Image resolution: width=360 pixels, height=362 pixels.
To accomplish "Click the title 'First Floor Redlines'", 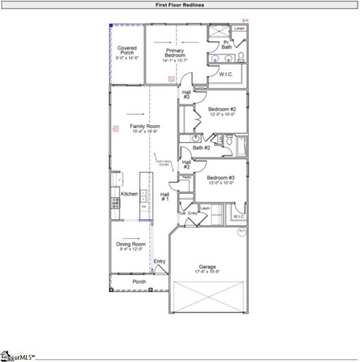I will tap(179, 4).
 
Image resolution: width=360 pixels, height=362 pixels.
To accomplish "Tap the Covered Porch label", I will tap(127, 50).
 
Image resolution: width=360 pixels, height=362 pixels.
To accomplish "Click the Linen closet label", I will tap(239, 29).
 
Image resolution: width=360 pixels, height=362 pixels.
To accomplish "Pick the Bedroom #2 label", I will tap(221, 109).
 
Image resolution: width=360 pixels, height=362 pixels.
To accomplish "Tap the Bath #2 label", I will tap(203, 148).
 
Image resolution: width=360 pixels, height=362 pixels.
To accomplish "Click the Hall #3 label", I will tap(187, 94).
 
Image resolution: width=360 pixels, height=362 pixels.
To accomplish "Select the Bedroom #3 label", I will tap(221, 177).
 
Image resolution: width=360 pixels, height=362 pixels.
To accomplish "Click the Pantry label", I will tap(187, 177).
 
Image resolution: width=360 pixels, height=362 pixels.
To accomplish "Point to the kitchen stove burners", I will tap(115, 202).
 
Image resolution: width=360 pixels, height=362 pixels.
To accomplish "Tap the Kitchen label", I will tap(129, 194).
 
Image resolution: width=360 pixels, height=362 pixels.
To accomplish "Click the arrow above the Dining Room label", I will tap(131, 238).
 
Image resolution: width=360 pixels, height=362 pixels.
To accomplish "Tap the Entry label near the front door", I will tap(160, 262).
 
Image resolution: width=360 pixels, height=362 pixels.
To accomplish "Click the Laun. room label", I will tap(206, 208).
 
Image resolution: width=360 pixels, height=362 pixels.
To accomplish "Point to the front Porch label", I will tap(139, 281).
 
